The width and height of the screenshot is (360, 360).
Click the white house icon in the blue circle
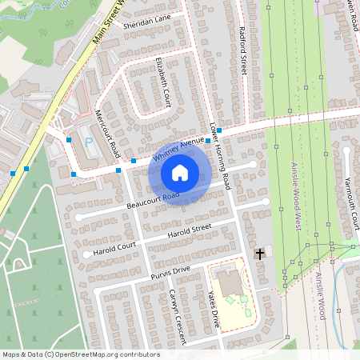179,172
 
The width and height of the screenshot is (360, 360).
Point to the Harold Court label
114,247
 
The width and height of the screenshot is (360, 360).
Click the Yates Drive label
214,309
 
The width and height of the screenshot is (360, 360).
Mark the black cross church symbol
259,254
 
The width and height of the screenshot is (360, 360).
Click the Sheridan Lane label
147,21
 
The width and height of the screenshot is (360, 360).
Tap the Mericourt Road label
107,133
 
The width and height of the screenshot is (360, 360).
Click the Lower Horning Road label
219,156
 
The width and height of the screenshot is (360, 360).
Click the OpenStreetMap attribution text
81,354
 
